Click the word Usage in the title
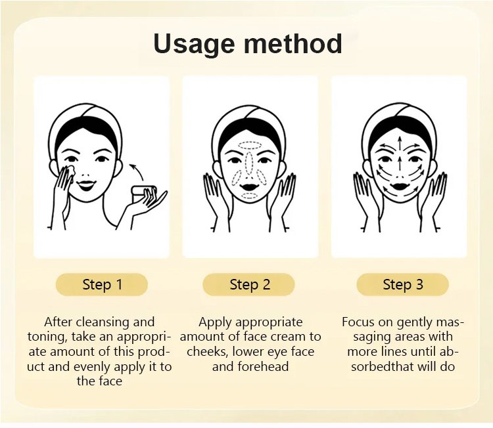(x=194, y=44)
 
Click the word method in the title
(x=293, y=43)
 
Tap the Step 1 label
(x=102, y=284)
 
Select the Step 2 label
(x=250, y=284)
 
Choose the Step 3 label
(x=403, y=284)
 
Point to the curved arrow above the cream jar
(x=137, y=172)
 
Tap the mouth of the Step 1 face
(x=87, y=185)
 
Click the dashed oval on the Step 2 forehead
(x=250, y=145)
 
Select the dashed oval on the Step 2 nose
(x=250, y=163)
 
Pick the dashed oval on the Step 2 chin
(x=250, y=196)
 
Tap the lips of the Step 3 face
(x=400, y=186)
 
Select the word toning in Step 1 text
(x=47, y=337)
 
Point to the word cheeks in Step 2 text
(x=208, y=352)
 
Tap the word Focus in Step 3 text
(x=358, y=322)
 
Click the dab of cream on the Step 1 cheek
(x=70, y=170)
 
